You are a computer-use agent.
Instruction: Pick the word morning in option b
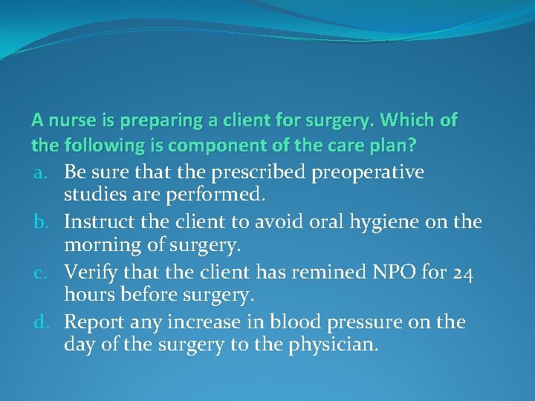(x=96, y=244)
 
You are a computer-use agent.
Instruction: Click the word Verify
(x=86, y=273)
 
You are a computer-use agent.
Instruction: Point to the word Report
(x=90, y=323)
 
